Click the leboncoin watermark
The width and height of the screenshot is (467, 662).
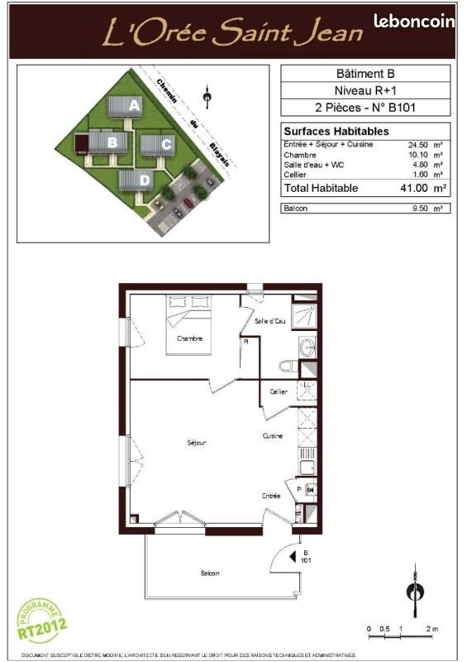[413, 22]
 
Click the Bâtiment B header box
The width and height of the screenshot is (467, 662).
[366, 73]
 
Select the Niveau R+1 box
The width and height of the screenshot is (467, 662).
[366, 90]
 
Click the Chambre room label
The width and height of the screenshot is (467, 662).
[190, 338]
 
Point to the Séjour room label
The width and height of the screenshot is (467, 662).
[196, 443]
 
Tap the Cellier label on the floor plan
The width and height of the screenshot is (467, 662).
[279, 391]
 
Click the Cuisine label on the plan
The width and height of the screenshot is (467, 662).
[274, 436]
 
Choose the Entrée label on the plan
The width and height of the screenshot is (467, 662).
[271, 496]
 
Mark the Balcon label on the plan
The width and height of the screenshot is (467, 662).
[210, 573]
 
